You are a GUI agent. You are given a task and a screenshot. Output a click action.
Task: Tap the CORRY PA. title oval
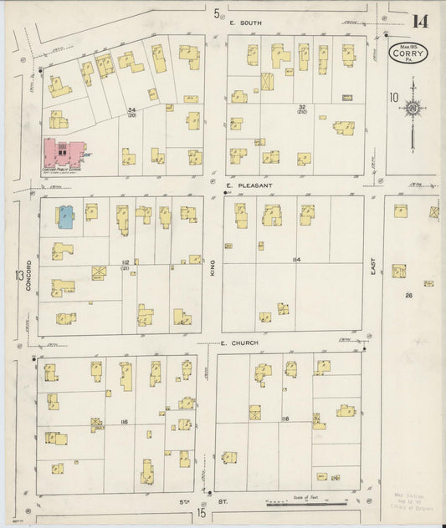point(409,54)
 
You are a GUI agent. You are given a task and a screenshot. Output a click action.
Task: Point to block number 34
point(131,110)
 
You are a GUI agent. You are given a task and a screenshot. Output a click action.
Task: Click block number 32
point(301,108)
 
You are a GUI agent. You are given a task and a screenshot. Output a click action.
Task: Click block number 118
point(285,418)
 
